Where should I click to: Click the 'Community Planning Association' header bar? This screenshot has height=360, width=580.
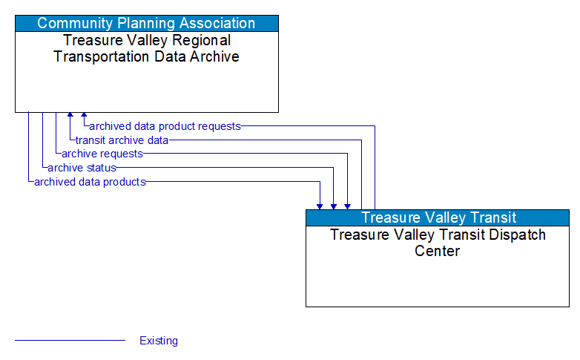pos(146,23)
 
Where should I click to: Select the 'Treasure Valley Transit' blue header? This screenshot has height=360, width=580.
pos(438,217)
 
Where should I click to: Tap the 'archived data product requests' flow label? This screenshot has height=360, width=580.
pos(165,126)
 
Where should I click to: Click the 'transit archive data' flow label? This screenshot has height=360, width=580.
pos(122,140)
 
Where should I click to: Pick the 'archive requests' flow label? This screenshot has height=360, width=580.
pos(102,154)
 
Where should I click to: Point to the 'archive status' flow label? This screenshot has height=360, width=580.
pos(82,168)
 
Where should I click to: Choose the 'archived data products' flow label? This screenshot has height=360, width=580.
pos(90,182)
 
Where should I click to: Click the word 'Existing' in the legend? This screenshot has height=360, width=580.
pos(159,341)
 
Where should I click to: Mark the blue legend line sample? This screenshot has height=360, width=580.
pos(70,341)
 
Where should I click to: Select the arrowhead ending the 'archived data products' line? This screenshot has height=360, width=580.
pos(320,206)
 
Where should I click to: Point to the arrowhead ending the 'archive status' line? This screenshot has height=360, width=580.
pos(334,206)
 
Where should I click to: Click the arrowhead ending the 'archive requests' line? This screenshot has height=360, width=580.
pos(347,206)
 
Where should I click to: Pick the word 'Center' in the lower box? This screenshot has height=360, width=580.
pos(437,251)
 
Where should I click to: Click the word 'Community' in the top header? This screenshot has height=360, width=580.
pos(70,23)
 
